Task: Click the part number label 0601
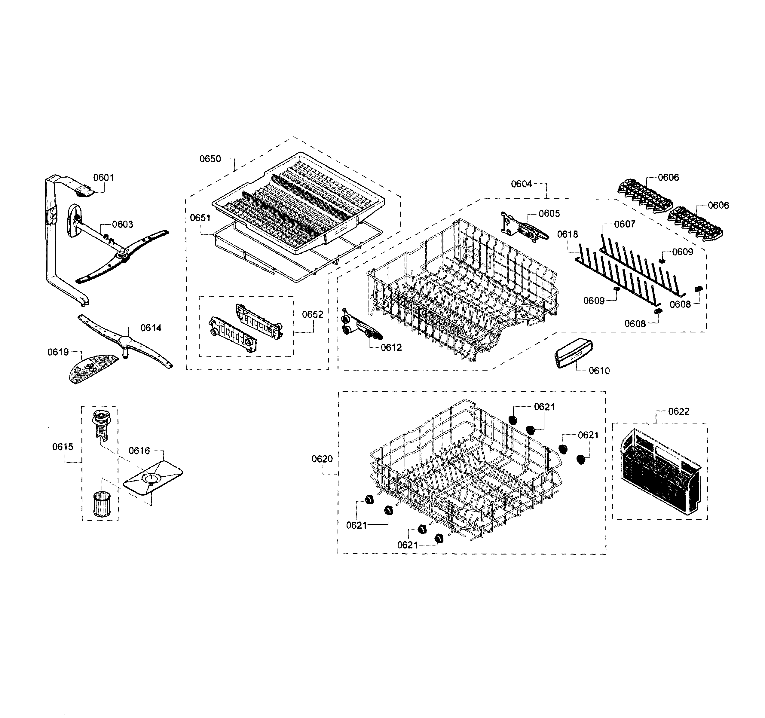[x=103, y=177]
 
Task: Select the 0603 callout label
[x=122, y=224]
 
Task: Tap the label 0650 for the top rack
[x=210, y=159]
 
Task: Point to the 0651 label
[x=200, y=218]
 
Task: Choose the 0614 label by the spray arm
[x=151, y=328]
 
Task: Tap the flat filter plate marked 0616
[x=153, y=478]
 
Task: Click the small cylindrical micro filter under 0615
[x=101, y=504]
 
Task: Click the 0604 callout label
[x=522, y=184]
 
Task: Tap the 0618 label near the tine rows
[x=568, y=234]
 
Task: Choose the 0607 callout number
[x=625, y=224]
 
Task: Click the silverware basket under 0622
[x=660, y=472]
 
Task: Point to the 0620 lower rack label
[x=322, y=459]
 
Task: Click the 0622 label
[x=678, y=412]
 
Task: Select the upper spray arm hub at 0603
[x=123, y=253]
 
